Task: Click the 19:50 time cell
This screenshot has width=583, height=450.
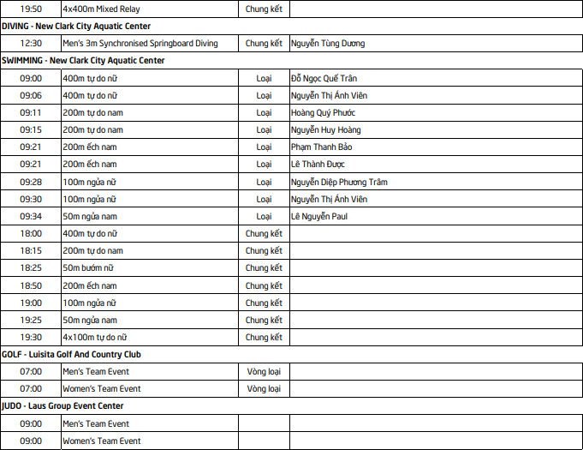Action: (31, 9)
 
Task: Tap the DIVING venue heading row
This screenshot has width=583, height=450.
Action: (76, 26)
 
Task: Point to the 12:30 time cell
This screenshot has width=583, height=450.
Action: (31, 43)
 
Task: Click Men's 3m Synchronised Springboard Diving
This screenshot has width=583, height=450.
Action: (140, 43)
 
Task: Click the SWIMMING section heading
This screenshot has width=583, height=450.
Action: (83, 61)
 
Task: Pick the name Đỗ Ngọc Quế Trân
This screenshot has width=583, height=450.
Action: (324, 78)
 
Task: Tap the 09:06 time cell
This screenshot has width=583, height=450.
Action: (31, 95)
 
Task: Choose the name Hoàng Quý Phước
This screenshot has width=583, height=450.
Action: (323, 112)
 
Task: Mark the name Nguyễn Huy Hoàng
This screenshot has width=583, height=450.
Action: (325, 129)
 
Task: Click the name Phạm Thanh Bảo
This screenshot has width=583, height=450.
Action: (321, 147)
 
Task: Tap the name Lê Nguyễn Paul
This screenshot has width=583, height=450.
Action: (318, 216)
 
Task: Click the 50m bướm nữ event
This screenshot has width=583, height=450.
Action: (88, 268)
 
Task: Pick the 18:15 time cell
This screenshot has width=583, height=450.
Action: (31, 251)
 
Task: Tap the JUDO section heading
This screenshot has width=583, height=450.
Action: (62, 406)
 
